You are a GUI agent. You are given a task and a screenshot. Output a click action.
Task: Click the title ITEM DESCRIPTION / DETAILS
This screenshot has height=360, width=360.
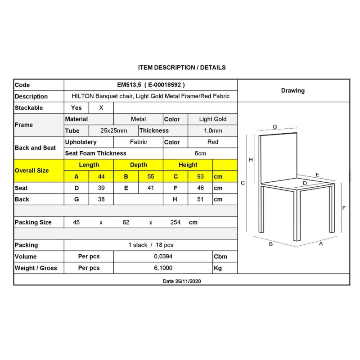[182, 67]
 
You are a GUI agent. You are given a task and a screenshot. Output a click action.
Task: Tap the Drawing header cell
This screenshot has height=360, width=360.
[293, 90]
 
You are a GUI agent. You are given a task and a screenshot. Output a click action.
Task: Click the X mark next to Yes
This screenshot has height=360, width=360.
[101, 108]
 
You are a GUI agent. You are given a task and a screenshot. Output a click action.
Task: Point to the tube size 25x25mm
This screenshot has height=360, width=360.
[113, 131]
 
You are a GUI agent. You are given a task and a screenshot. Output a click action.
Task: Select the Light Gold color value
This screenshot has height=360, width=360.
[213, 119]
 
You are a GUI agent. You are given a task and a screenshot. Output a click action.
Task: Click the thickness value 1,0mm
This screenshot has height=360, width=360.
[213, 131]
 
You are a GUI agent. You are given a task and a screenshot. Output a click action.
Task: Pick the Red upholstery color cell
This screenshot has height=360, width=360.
[213, 142]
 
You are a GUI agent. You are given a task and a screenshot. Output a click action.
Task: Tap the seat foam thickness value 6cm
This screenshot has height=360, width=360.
[200, 153]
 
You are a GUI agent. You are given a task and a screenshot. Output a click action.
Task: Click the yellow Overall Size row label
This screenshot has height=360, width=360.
[32, 171]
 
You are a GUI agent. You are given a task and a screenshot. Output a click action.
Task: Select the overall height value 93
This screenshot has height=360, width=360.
[200, 177]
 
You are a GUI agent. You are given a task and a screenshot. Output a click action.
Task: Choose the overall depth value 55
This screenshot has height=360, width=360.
[151, 177]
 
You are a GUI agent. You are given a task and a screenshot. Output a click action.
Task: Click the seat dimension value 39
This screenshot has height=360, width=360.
[101, 188]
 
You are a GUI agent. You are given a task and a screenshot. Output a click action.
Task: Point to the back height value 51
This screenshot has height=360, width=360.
[200, 199]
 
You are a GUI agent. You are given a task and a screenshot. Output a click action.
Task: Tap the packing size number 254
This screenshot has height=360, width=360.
[175, 222]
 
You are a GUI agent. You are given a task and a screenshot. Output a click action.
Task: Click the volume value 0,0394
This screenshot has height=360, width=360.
[163, 256]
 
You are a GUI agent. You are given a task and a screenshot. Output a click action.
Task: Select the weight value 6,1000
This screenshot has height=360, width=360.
[163, 268]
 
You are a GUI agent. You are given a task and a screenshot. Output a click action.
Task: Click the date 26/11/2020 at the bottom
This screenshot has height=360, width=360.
[182, 281]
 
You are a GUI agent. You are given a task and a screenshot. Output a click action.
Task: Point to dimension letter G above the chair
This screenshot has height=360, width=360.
[274, 127]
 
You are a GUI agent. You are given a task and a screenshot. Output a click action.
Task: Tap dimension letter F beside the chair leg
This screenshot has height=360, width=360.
[343, 208]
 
